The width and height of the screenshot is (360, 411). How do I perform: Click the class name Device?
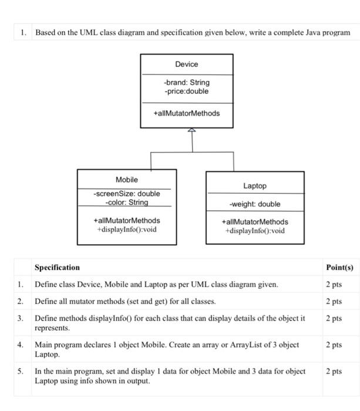click(x=186, y=64)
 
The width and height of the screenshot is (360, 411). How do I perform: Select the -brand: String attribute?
click(x=186, y=83)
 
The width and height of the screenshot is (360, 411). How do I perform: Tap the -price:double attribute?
click(x=186, y=91)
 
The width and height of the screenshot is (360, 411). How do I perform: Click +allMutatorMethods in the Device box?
click(x=186, y=113)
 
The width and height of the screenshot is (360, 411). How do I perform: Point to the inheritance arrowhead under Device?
click(x=190, y=131)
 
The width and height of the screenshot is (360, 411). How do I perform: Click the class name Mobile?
click(x=126, y=179)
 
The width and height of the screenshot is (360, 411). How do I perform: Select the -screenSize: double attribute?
click(x=126, y=194)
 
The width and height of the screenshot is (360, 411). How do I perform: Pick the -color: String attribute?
click(x=126, y=203)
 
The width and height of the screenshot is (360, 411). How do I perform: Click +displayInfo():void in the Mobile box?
click(x=126, y=229)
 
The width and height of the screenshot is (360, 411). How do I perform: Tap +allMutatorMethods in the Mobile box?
click(x=126, y=220)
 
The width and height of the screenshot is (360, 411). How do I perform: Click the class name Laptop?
click(x=254, y=186)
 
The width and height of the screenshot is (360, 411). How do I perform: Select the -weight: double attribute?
click(x=254, y=204)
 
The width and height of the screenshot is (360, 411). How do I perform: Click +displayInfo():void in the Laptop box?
click(x=254, y=231)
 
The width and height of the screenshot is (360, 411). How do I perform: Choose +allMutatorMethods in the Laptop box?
click(x=254, y=222)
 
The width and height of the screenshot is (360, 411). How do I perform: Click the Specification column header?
click(x=57, y=268)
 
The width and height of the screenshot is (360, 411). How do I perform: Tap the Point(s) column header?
click(x=339, y=268)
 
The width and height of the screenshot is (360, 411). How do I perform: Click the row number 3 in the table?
click(x=20, y=318)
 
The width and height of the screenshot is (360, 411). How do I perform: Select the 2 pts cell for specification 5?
click(x=334, y=372)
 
